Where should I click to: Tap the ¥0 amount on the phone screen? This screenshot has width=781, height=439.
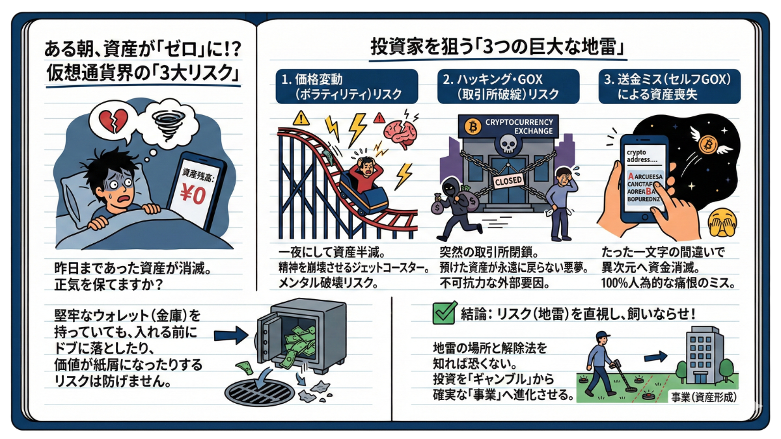pos(193,194)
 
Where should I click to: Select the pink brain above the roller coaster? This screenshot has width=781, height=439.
pos(400,133)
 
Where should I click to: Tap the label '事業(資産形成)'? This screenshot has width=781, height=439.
pos(706,396)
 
